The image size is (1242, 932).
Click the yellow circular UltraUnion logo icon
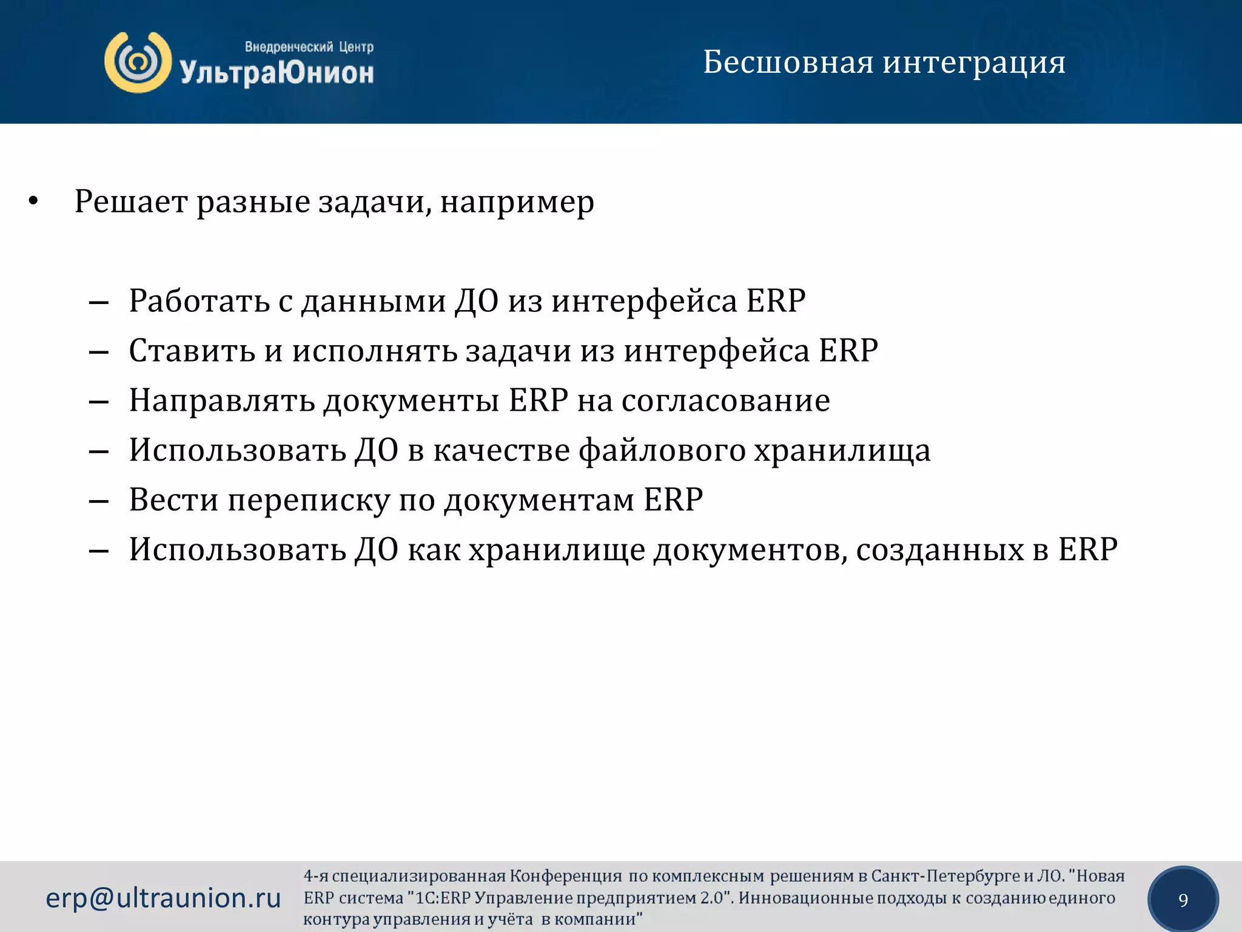point(138,62)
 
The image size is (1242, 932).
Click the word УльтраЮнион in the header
point(277,73)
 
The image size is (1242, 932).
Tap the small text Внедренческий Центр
point(309,47)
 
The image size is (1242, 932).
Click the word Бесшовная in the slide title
point(788,62)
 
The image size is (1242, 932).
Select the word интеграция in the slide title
point(974,63)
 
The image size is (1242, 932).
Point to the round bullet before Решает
point(33,201)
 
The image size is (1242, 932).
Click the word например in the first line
point(517,203)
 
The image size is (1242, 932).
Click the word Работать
point(199,301)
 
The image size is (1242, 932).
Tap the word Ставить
point(192,351)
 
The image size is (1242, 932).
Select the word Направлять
point(222,401)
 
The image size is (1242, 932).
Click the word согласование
point(725,401)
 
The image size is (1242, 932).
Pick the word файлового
point(662,451)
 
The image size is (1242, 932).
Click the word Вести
point(173,501)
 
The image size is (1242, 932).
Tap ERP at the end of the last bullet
point(1087,550)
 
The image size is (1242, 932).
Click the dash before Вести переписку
point(99,502)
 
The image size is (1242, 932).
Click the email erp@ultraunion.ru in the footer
point(163,898)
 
